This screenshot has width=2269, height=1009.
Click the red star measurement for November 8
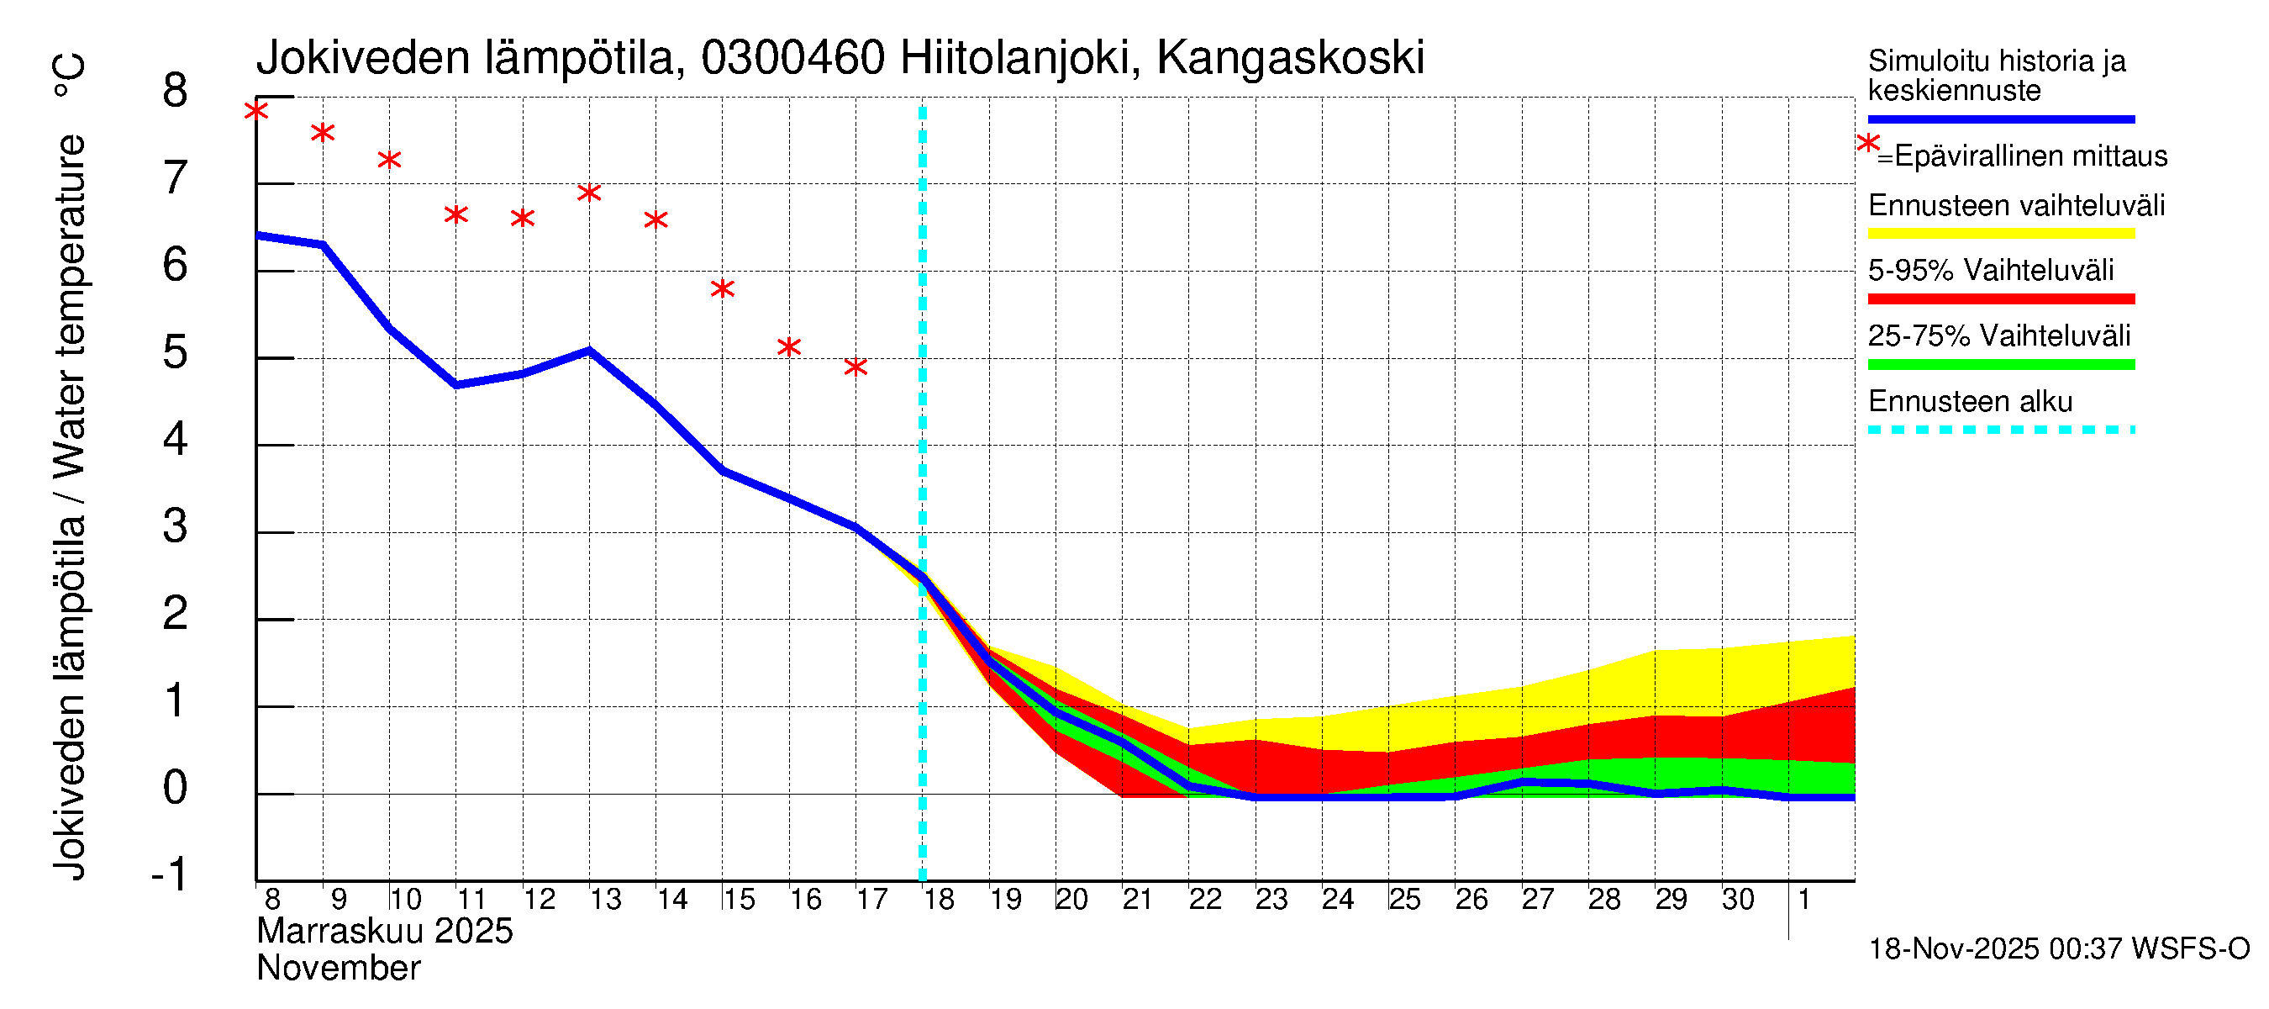point(256,111)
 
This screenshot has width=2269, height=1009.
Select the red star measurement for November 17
point(855,367)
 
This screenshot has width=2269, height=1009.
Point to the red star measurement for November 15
point(722,289)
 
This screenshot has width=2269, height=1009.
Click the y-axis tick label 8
point(176,91)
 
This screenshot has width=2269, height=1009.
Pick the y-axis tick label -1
point(169,874)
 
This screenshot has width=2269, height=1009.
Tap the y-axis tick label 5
point(176,352)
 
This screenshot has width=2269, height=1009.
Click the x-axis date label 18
point(939,900)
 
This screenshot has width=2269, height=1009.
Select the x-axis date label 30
point(1738,900)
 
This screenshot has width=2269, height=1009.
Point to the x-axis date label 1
point(1804,900)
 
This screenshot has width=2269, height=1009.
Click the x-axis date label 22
point(1205,900)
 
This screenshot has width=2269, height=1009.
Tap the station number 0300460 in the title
point(792,58)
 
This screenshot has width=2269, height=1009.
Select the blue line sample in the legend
point(2000,119)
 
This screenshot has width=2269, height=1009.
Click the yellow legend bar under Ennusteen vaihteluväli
point(2000,235)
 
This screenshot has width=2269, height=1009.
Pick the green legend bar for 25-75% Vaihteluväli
point(2000,365)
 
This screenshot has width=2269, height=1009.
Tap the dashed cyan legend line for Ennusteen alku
point(2000,430)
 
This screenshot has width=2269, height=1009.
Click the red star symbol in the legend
point(1867,143)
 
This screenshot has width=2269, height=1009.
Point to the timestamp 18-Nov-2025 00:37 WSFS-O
point(2058,949)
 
